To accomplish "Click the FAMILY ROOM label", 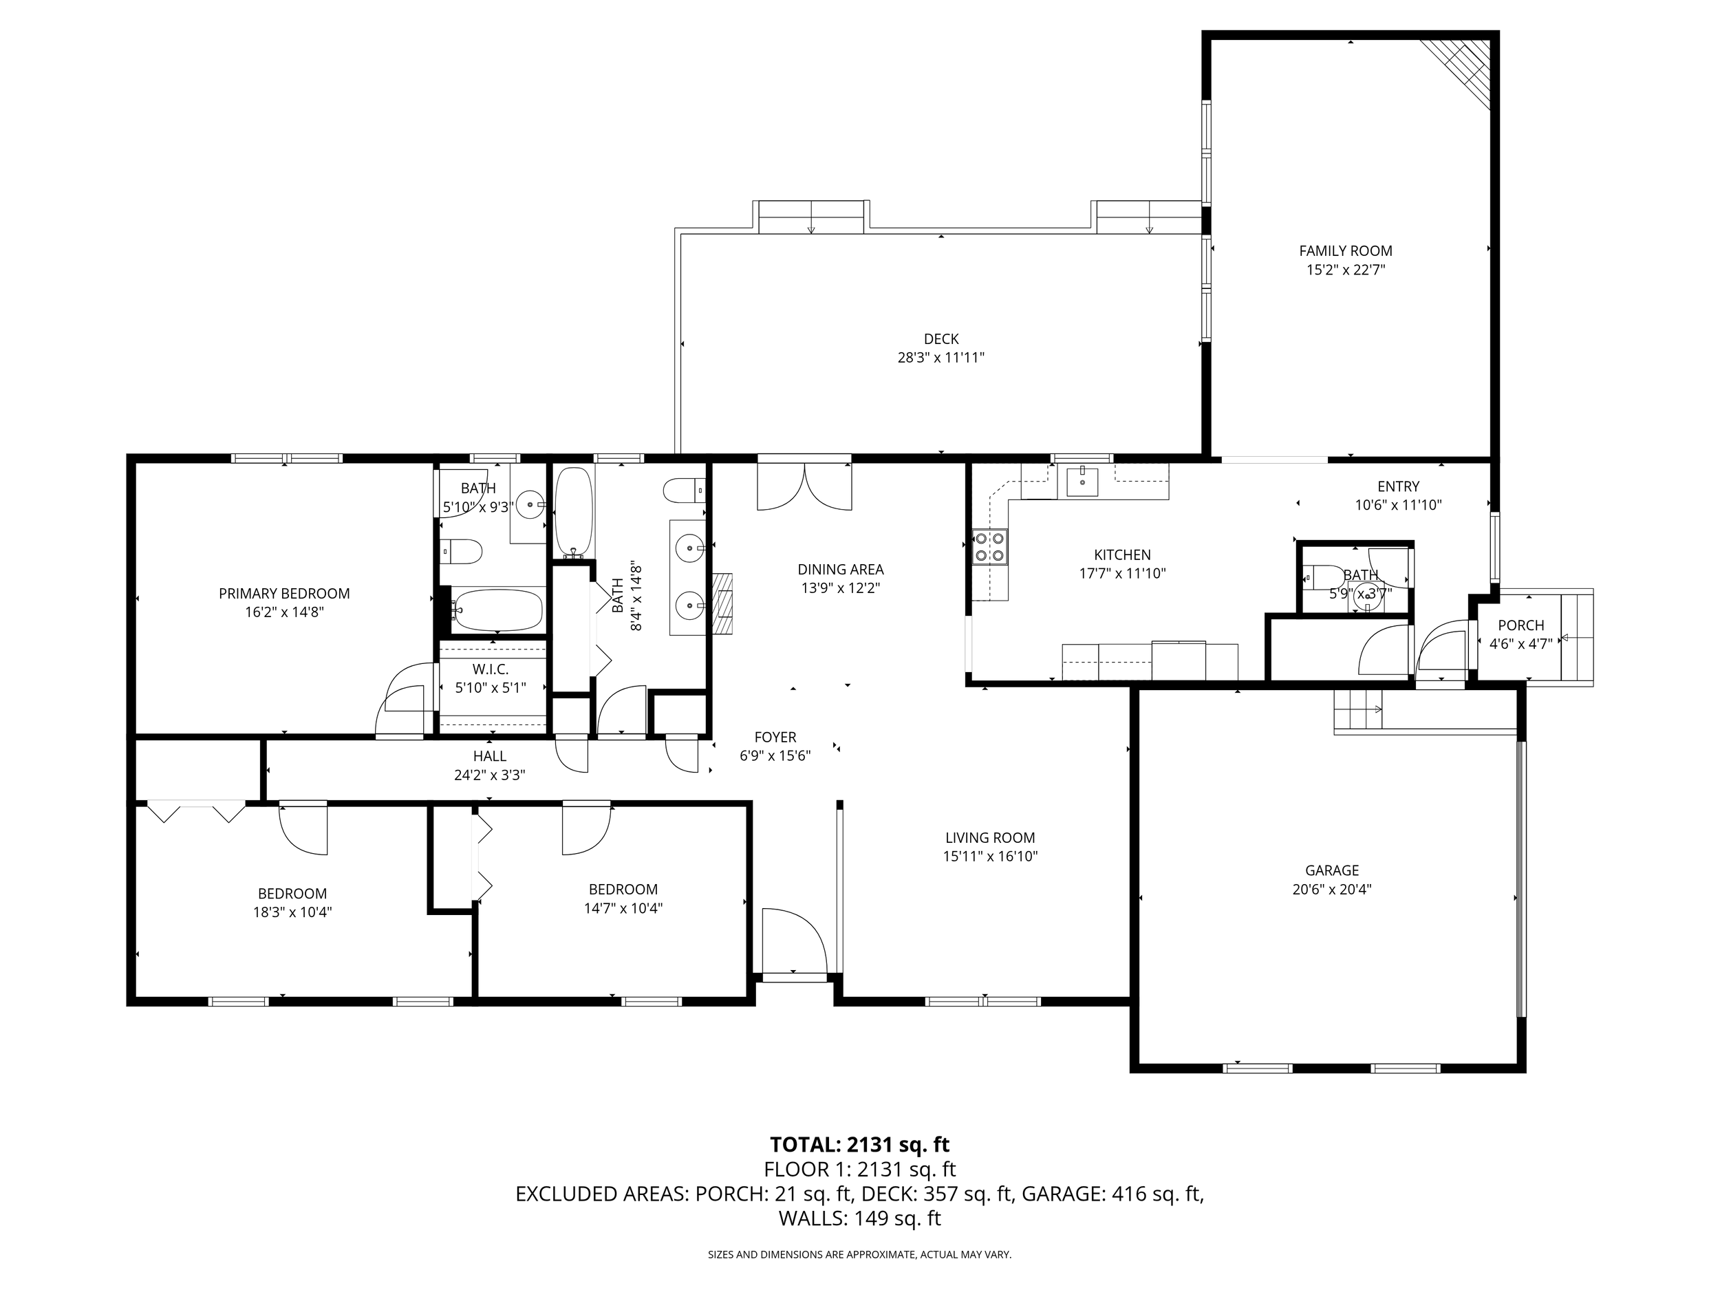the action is click(x=1345, y=251).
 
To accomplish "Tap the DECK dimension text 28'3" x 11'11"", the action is click(x=941, y=358).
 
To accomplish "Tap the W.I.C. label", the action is click(x=491, y=669).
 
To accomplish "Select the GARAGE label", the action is click(x=1332, y=871).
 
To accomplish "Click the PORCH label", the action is click(x=1521, y=625).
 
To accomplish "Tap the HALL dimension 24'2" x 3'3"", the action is click(x=490, y=775).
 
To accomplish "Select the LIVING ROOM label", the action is click(x=990, y=837).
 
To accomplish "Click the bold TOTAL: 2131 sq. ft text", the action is click(x=859, y=1145).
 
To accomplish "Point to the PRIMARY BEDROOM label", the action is click(x=284, y=593).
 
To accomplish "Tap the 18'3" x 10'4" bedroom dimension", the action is click(x=292, y=912).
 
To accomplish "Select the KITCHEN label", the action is click(x=1122, y=555).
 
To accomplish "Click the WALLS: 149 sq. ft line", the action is click(x=860, y=1218).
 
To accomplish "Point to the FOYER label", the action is click(x=775, y=737).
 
